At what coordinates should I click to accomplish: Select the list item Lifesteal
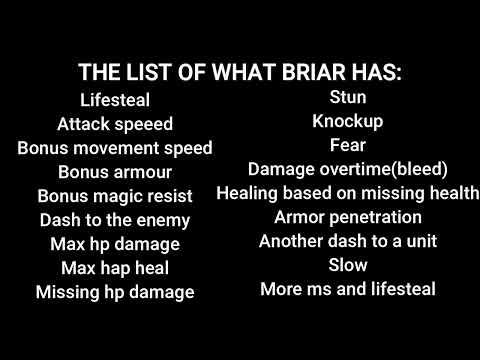click(x=115, y=100)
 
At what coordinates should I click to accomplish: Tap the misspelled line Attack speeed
click(x=115, y=124)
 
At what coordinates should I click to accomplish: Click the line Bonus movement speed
click(x=115, y=148)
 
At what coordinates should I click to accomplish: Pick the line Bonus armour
click(x=115, y=172)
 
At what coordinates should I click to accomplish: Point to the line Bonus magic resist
click(x=115, y=196)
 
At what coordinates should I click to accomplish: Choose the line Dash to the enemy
click(x=115, y=220)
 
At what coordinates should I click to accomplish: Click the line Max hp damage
click(x=115, y=244)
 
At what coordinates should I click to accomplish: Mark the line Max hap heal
click(x=115, y=268)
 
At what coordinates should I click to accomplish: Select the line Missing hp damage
click(x=115, y=292)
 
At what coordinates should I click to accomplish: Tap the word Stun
click(x=348, y=97)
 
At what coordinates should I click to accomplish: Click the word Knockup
click(x=348, y=121)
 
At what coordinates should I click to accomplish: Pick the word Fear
click(x=348, y=145)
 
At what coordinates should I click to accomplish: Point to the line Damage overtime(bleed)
click(x=348, y=169)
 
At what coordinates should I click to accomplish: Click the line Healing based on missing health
click(x=348, y=193)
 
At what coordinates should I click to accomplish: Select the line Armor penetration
click(x=348, y=217)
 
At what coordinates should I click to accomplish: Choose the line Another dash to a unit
click(x=348, y=241)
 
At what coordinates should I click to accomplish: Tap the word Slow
click(x=348, y=265)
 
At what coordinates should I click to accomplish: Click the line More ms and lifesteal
click(x=348, y=289)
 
